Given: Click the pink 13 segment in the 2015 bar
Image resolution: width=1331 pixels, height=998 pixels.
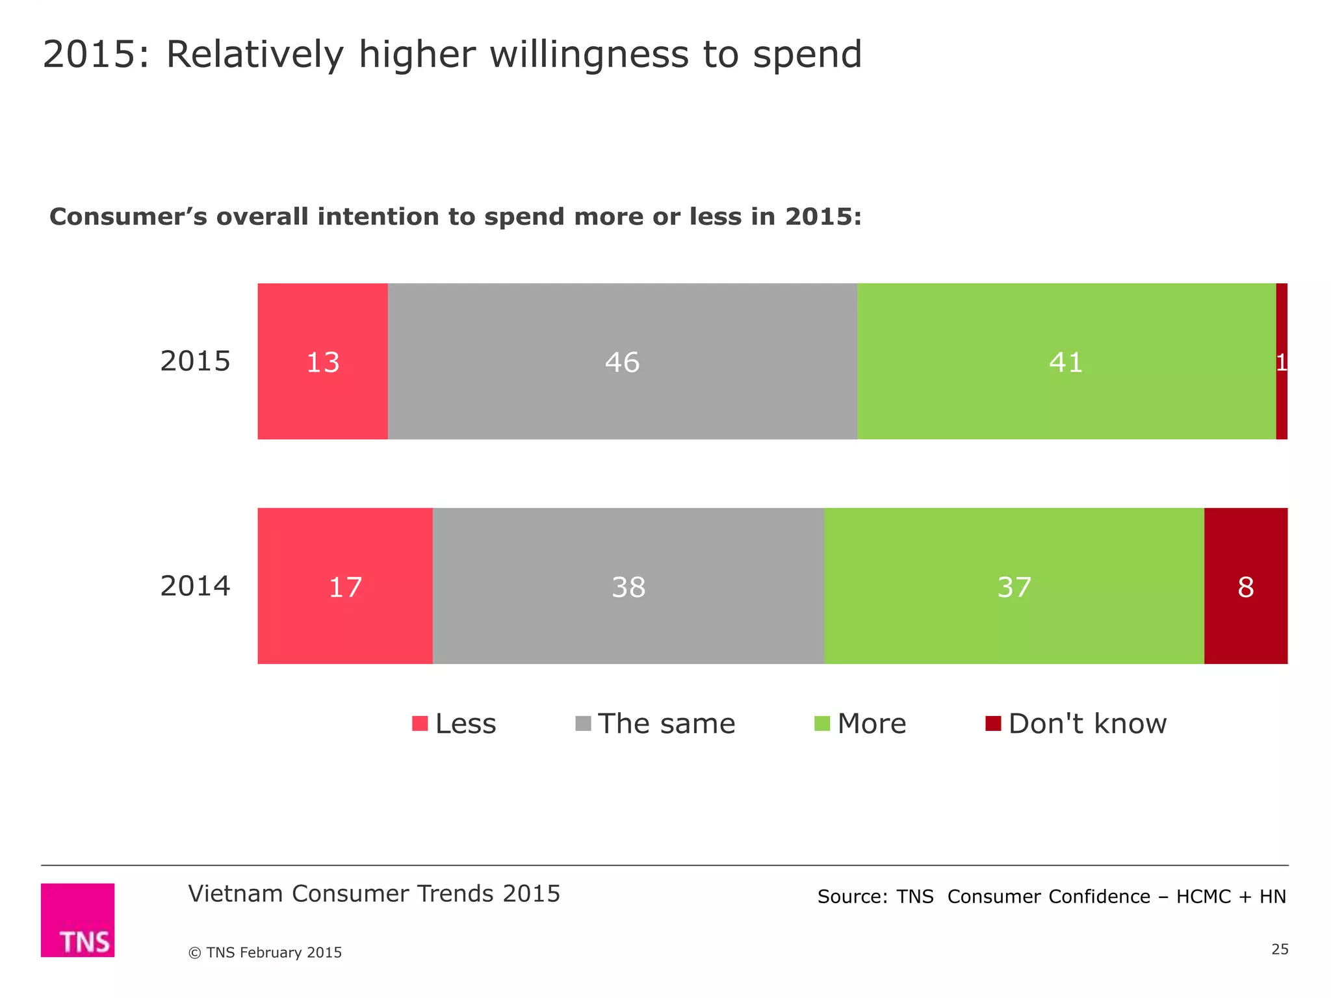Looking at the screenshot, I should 322,361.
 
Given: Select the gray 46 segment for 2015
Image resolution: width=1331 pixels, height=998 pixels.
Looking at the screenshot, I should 622,361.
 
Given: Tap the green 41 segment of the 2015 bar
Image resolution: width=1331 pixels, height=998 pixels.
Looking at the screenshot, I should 1066,361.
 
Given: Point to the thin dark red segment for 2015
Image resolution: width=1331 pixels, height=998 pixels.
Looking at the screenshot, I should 1282,361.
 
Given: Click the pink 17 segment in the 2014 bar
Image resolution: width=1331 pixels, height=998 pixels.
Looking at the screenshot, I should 345,586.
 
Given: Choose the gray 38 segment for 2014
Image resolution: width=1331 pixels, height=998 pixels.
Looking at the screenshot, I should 628,586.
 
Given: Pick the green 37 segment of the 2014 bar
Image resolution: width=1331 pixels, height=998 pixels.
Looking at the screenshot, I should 1014,586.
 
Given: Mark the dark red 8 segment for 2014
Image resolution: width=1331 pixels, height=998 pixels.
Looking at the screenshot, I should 1245,586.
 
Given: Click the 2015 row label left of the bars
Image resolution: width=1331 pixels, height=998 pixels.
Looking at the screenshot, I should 195,361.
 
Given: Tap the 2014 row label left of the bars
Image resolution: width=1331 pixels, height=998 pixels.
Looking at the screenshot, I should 195,586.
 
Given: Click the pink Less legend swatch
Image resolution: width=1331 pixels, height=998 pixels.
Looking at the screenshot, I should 420,723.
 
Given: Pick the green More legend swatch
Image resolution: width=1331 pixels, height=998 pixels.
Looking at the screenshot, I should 822,723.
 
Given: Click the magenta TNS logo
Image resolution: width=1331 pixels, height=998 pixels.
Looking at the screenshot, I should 77,919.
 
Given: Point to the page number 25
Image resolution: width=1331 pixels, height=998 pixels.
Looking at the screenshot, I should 1280,949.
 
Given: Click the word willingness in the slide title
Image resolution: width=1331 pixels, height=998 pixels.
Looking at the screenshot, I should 588,55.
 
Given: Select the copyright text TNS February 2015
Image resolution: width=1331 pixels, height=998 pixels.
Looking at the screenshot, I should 265,953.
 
